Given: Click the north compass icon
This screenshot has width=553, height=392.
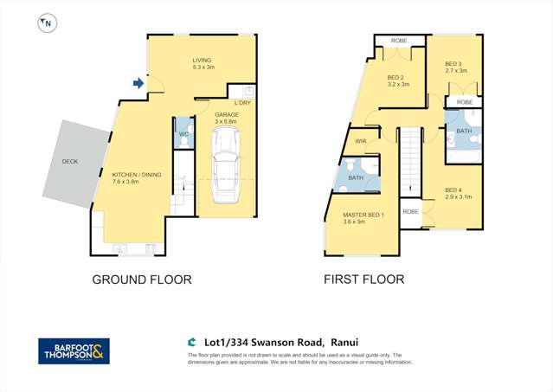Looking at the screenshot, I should click(45, 24).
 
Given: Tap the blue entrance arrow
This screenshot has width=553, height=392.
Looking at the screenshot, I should click(138, 83).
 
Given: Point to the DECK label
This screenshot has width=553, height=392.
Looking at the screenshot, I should click(69, 162).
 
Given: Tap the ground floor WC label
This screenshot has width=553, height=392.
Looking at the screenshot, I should click(183, 134).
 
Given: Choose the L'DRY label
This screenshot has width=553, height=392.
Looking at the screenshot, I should click(241, 103).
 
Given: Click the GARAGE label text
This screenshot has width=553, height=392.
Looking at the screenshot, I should click(227, 114).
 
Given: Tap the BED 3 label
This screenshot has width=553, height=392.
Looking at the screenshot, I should click(454, 63).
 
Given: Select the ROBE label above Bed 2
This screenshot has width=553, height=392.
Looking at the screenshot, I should click(399, 40).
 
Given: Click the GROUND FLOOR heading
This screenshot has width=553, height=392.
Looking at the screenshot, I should click(142, 280).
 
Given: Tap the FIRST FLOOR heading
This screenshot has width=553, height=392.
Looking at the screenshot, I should click(363, 280).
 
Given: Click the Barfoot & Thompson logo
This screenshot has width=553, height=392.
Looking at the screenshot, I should click(74, 350).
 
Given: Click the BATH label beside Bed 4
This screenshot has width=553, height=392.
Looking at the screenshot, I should click(463, 132).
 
